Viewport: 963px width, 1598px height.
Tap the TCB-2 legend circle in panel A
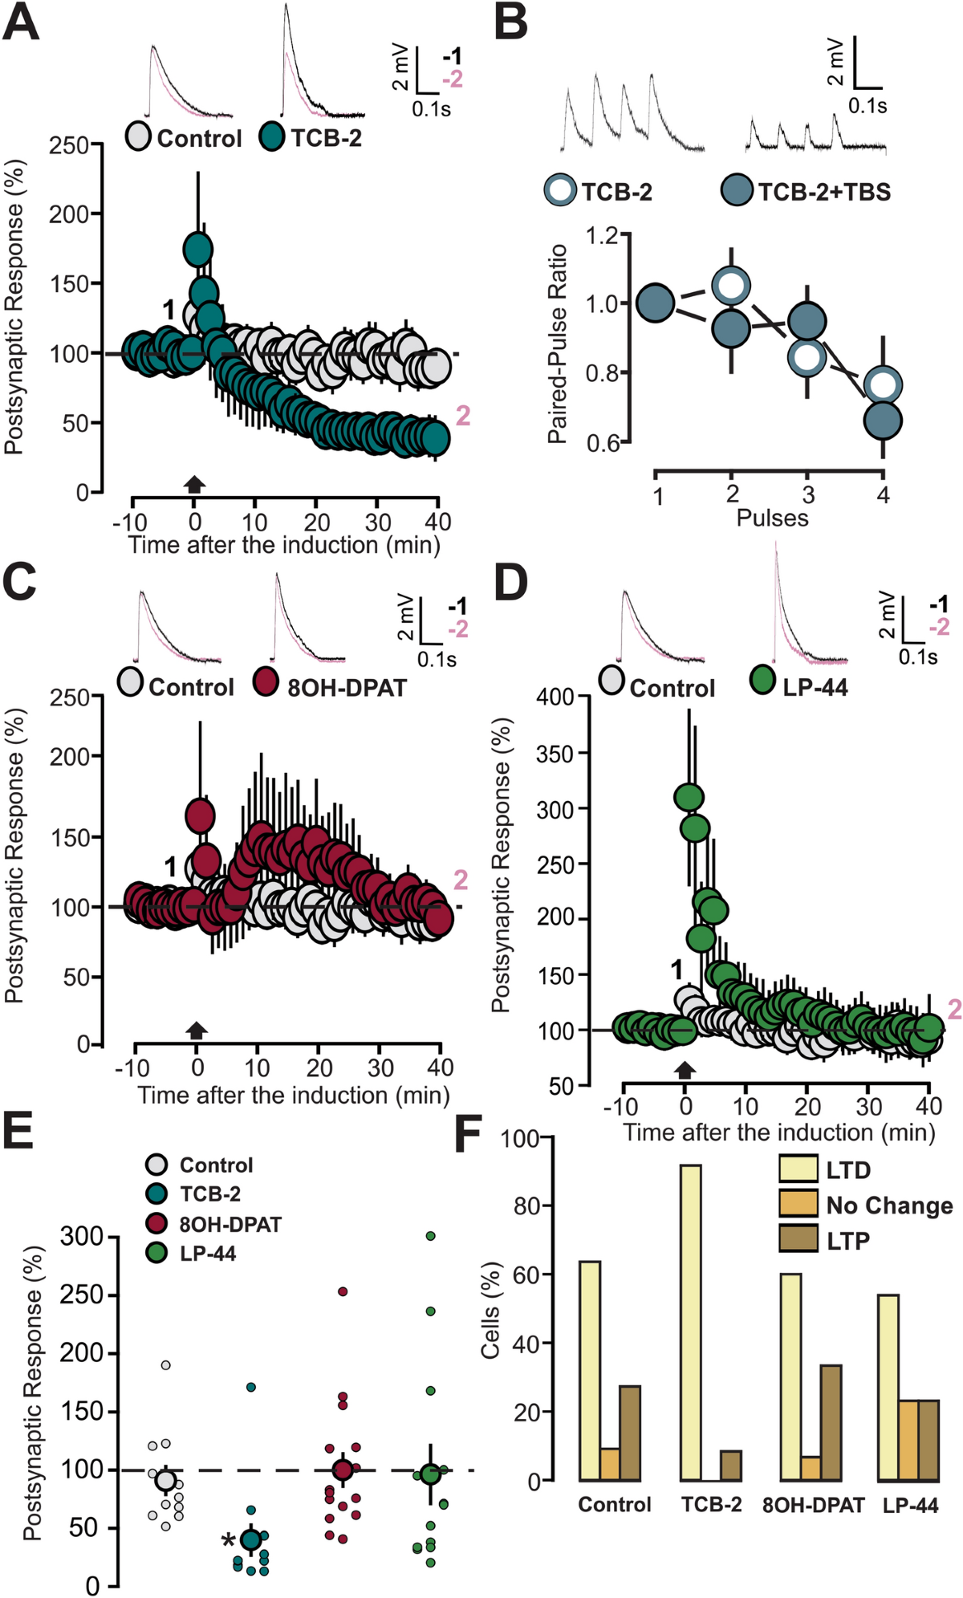[x=272, y=137]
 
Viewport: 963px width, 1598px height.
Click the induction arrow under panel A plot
[x=194, y=483]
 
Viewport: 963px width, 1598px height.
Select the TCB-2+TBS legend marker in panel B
[x=736, y=191]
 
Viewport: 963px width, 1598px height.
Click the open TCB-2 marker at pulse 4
[x=883, y=385]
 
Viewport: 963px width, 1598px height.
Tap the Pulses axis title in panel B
[x=772, y=518]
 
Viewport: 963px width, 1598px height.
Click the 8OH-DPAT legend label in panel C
[x=346, y=688]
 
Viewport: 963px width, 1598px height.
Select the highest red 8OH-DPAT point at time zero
[x=200, y=816]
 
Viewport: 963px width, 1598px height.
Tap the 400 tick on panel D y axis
[x=556, y=697]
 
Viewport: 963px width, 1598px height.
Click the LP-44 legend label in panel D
[x=815, y=688]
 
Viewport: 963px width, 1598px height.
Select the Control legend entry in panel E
[x=215, y=1165]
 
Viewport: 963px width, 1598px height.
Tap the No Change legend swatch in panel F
[x=798, y=1205]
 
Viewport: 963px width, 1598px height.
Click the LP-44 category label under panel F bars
[x=910, y=1506]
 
